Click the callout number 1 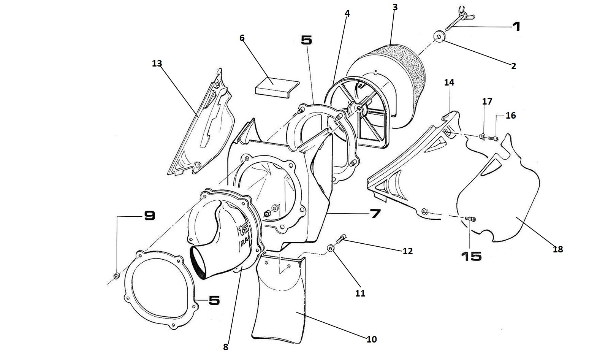click(516, 27)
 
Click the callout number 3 click(395, 8)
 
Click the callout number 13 click(157, 63)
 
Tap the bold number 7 click(375, 214)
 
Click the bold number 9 click(149, 216)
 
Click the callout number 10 click(371, 339)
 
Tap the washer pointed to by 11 click(331, 248)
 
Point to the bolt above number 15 click(470, 219)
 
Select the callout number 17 click(487, 101)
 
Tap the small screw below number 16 click(493, 138)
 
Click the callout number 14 click(449, 82)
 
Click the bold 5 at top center click(306, 40)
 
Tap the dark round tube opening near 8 click(198, 262)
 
